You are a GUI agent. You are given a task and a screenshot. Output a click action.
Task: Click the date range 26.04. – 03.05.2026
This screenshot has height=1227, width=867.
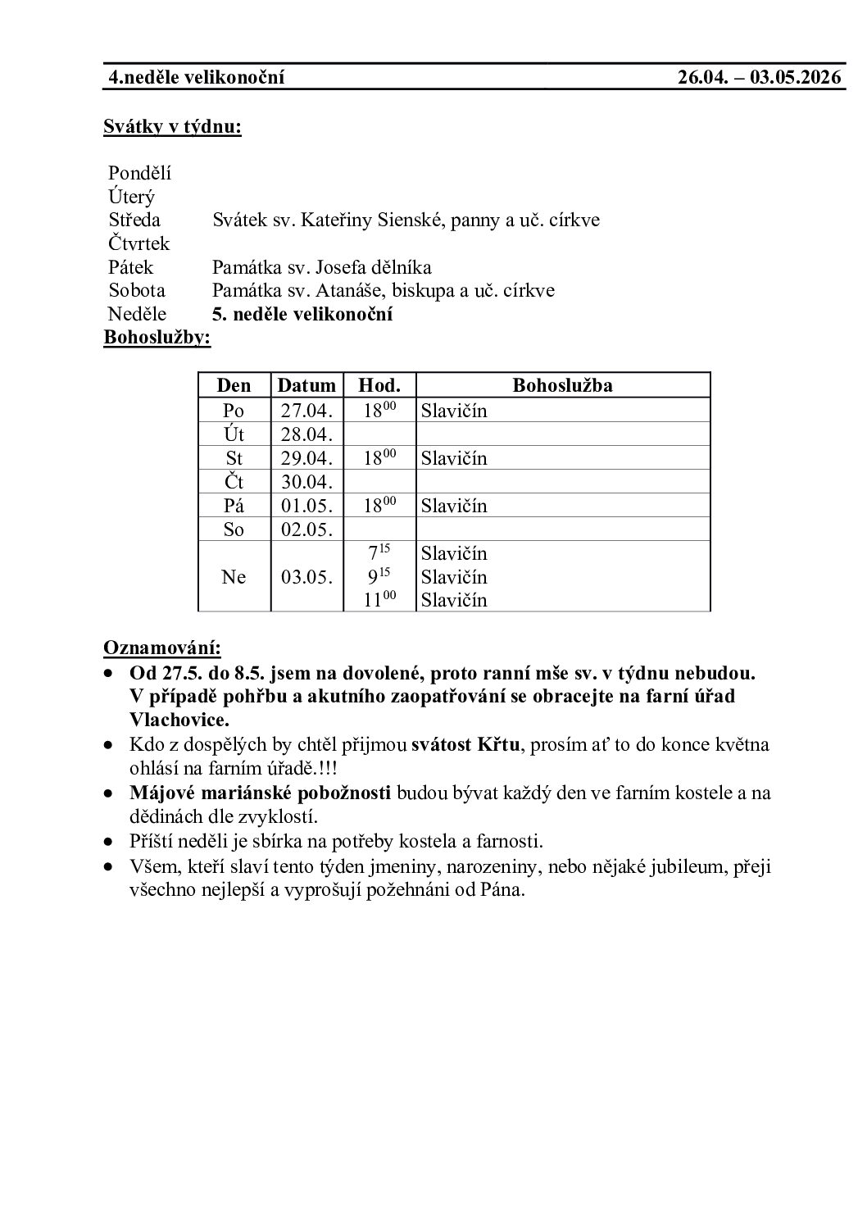click(760, 78)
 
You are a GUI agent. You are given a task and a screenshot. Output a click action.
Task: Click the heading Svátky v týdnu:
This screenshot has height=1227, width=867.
click(172, 127)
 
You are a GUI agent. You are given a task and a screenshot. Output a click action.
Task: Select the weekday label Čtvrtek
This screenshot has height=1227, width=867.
click(138, 243)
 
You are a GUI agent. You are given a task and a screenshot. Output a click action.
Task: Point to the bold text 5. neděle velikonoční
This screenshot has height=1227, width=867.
click(302, 314)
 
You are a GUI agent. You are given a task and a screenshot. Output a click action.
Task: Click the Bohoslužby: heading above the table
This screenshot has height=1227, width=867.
click(157, 338)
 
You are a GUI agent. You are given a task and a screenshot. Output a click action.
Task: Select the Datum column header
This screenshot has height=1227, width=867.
click(306, 385)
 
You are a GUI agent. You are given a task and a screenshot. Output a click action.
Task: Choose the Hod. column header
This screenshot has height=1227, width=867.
click(379, 385)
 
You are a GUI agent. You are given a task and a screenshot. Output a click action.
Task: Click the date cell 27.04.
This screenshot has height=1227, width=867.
click(306, 410)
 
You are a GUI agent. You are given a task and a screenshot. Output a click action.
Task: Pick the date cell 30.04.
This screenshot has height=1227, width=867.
click(306, 482)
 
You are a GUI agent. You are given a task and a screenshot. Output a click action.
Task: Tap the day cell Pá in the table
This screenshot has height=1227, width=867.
click(234, 506)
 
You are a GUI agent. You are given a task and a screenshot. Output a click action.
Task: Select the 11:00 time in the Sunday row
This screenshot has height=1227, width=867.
click(379, 600)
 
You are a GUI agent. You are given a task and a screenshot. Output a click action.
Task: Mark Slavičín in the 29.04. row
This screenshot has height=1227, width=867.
click(454, 458)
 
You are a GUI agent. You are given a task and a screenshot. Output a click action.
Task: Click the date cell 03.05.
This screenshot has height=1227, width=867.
click(306, 577)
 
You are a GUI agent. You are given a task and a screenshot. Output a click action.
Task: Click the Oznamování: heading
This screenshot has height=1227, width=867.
click(161, 648)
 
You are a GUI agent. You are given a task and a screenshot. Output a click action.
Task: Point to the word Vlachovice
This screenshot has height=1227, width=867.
click(179, 720)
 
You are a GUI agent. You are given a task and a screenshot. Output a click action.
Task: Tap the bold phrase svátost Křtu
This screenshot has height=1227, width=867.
click(465, 745)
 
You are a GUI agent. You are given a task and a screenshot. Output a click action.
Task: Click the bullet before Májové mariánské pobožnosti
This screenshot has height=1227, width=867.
click(108, 793)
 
